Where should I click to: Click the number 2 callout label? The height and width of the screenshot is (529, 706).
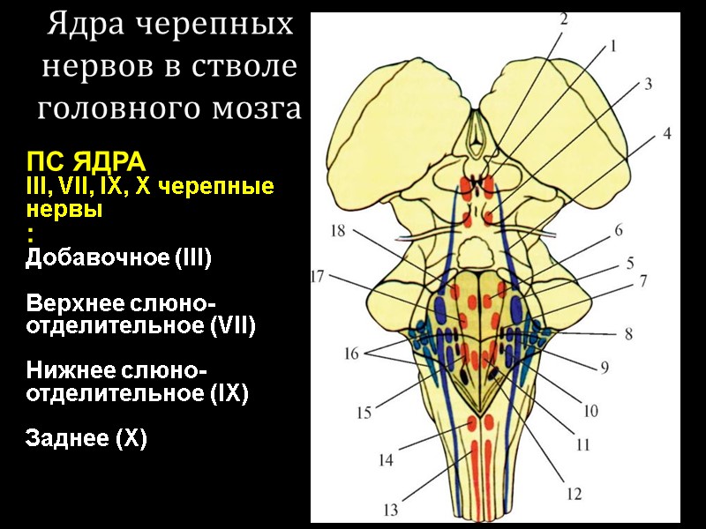pos(563,18)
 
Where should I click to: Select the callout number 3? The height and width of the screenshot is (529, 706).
pos(647,84)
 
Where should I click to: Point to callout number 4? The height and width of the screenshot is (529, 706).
pos(667,134)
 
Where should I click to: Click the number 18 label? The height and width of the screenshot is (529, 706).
pos(338,230)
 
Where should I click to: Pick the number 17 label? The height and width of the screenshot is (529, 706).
pos(319,276)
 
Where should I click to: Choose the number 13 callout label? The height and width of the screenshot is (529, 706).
pos(390,509)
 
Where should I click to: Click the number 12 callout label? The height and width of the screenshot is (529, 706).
pos(575,495)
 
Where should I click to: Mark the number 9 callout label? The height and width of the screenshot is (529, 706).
pos(605,367)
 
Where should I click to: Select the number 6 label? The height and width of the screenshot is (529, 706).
pos(619,231)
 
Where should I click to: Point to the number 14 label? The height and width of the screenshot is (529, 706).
pos(386,459)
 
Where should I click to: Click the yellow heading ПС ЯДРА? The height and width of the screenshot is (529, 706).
pos(85,164)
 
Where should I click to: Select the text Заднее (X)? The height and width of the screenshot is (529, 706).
pos(86,438)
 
